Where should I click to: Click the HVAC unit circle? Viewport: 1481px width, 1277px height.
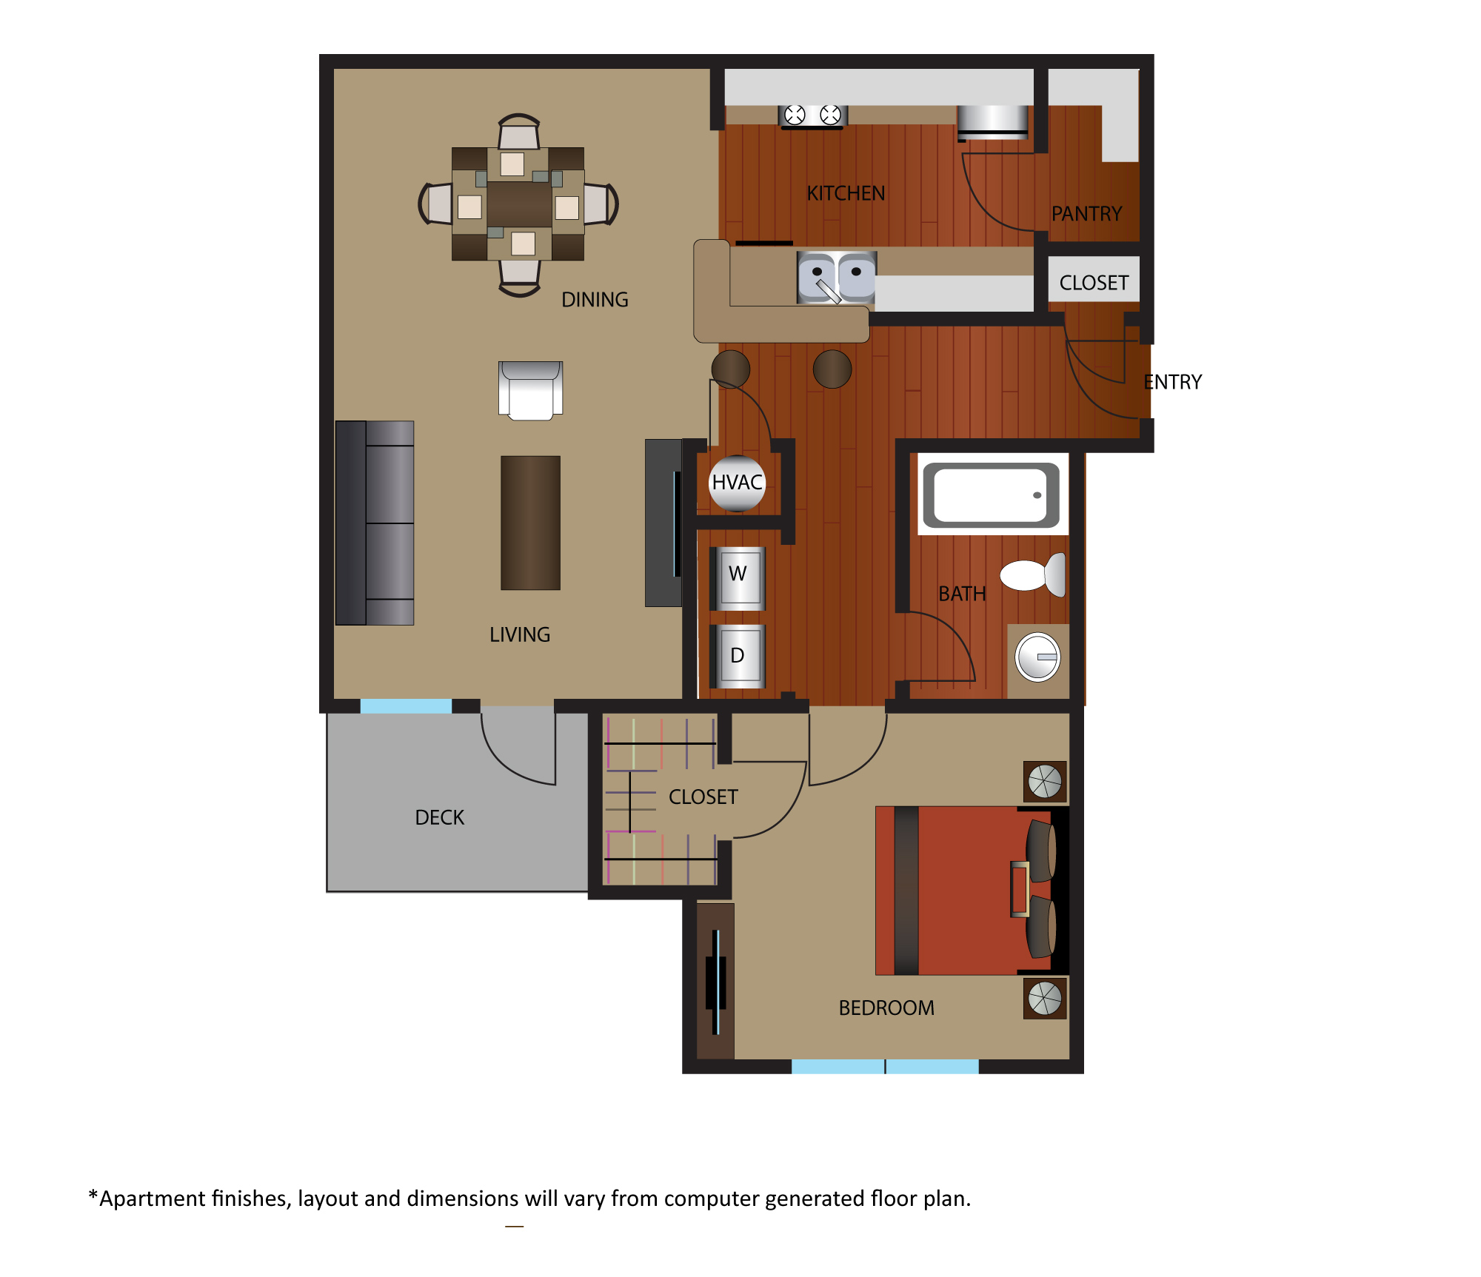(737, 483)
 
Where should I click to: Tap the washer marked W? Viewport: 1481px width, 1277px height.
(738, 578)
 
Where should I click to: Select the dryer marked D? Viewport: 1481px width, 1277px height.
(738, 656)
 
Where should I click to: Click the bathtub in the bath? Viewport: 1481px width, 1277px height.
(992, 495)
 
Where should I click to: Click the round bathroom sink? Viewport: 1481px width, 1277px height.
(1037, 657)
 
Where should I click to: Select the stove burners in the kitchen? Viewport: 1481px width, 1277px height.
(812, 115)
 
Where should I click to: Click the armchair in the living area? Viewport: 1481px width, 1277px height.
(530, 390)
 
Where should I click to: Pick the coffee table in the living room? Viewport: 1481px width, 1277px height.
(530, 523)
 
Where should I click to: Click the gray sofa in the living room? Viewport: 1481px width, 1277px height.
(375, 523)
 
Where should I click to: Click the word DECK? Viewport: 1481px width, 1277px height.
(440, 817)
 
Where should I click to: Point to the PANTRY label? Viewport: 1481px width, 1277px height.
(1087, 214)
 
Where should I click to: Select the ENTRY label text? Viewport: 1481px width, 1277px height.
(1173, 382)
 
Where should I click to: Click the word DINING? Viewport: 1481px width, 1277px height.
(595, 300)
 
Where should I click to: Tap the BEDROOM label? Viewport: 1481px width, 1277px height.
(886, 1008)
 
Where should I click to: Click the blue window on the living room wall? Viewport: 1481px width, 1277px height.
(406, 705)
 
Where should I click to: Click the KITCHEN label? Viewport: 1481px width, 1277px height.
(846, 193)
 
